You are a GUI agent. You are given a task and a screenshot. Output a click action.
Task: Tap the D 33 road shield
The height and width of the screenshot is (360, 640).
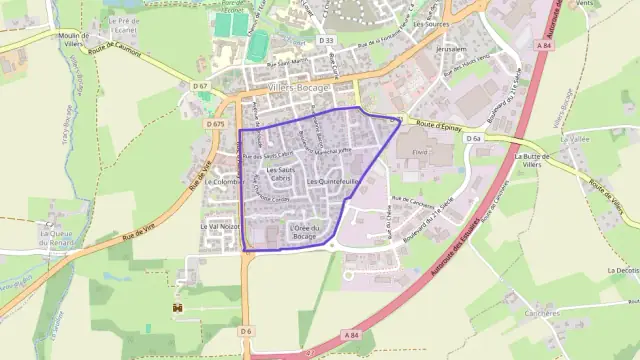coord(326,40)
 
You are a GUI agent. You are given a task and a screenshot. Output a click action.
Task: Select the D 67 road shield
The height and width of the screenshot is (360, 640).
coord(201,86)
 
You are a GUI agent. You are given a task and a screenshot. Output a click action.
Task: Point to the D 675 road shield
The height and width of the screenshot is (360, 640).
coord(215,124)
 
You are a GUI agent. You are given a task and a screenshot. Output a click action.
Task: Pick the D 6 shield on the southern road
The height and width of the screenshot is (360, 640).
coord(246,330)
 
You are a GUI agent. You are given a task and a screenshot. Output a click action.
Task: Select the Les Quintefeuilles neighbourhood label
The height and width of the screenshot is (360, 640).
coord(334,182)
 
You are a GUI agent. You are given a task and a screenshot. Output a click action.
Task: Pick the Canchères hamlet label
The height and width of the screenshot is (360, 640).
coord(541,313)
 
